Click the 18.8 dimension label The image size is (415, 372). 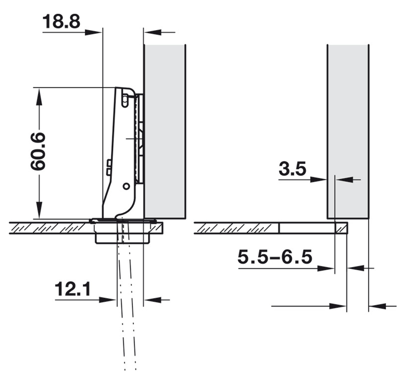tap(61, 22)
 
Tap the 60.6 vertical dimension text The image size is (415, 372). tap(38, 151)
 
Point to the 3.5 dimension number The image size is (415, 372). tap(293, 169)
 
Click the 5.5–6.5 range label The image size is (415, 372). tap(275, 257)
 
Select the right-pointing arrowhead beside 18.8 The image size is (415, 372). tap(93, 32)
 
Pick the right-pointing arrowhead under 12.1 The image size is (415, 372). tap(108, 300)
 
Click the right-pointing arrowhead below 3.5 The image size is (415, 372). tap(319, 179)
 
